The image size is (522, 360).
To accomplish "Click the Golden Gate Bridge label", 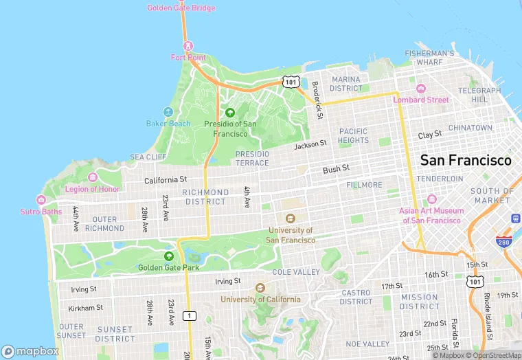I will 181,8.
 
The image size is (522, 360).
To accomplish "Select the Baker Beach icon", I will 168,112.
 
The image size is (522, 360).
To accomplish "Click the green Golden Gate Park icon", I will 169,256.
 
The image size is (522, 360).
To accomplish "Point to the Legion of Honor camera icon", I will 93,177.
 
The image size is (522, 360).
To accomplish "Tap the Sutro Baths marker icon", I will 41,200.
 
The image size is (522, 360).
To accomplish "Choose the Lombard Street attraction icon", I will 421,89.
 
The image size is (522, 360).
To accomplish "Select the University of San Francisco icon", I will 291,218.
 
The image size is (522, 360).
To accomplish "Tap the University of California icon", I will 260,288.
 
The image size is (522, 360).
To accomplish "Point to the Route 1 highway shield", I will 189,315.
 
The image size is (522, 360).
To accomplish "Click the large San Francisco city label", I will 465,160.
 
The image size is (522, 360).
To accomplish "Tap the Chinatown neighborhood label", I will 470,128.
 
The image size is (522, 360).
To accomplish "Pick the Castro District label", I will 356,297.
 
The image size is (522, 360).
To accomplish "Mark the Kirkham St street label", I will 86,308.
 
